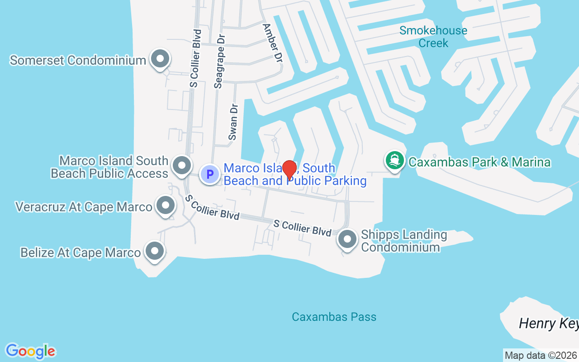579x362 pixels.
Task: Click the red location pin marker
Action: pyautogui.click(x=289, y=170)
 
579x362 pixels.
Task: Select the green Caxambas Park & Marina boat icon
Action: pyautogui.click(x=394, y=161)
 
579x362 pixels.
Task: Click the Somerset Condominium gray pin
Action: pyautogui.click(x=159, y=59)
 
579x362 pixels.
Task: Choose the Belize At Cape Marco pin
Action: pyautogui.click(x=154, y=250)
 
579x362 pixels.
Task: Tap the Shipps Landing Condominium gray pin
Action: pyautogui.click(x=347, y=239)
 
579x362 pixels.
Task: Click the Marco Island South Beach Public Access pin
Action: pyautogui.click(x=182, y=166)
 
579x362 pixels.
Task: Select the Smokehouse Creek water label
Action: pyautogui.click(x=433, y=37)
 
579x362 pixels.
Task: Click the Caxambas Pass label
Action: pyautogui.click(x=334, y=317)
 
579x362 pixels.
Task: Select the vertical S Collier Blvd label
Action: pyautogui.click(x=195, y=58)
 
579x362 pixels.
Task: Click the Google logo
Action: pyautogui.click(x=30, y=351)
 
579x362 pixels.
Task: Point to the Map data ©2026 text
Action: pyautogui.click(x=541, y=356)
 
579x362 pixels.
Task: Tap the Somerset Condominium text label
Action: pyautogui.click(x=78, y=60)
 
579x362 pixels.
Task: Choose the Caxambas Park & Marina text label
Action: pyautogui.click(x=479, y=162)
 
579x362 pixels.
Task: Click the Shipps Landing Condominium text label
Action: pyautogui.click(x=403, y=241)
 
